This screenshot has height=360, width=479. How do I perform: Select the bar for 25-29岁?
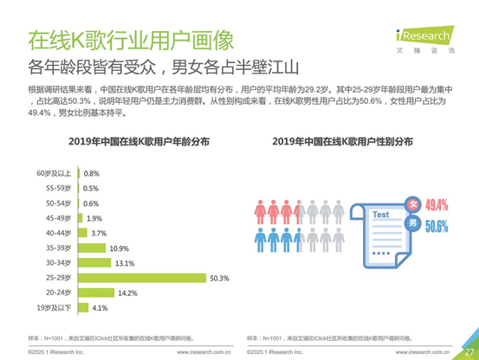(x=142, y=278)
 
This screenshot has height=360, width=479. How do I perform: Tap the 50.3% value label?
(x=219, y=278)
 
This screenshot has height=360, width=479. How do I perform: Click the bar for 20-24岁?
(x=97, y=292)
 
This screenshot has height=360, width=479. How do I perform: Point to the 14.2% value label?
(x=128, y=292)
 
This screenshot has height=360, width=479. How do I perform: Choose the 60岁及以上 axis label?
(x=58, y=173)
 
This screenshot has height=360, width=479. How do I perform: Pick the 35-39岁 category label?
(x=61, y=247)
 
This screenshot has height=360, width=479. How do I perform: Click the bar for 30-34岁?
(x=95, y=263)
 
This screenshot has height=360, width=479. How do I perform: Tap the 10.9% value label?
(x=120, y=247)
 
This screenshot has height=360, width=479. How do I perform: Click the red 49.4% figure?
(x=437, y=205)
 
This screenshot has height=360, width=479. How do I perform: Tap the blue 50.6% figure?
(x=437, y=227)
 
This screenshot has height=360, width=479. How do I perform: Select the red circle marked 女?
(x=413, y=204)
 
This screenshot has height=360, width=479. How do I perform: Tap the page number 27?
(x=469, y=350)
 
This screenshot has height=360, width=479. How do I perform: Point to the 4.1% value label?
(x=100, y=308)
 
